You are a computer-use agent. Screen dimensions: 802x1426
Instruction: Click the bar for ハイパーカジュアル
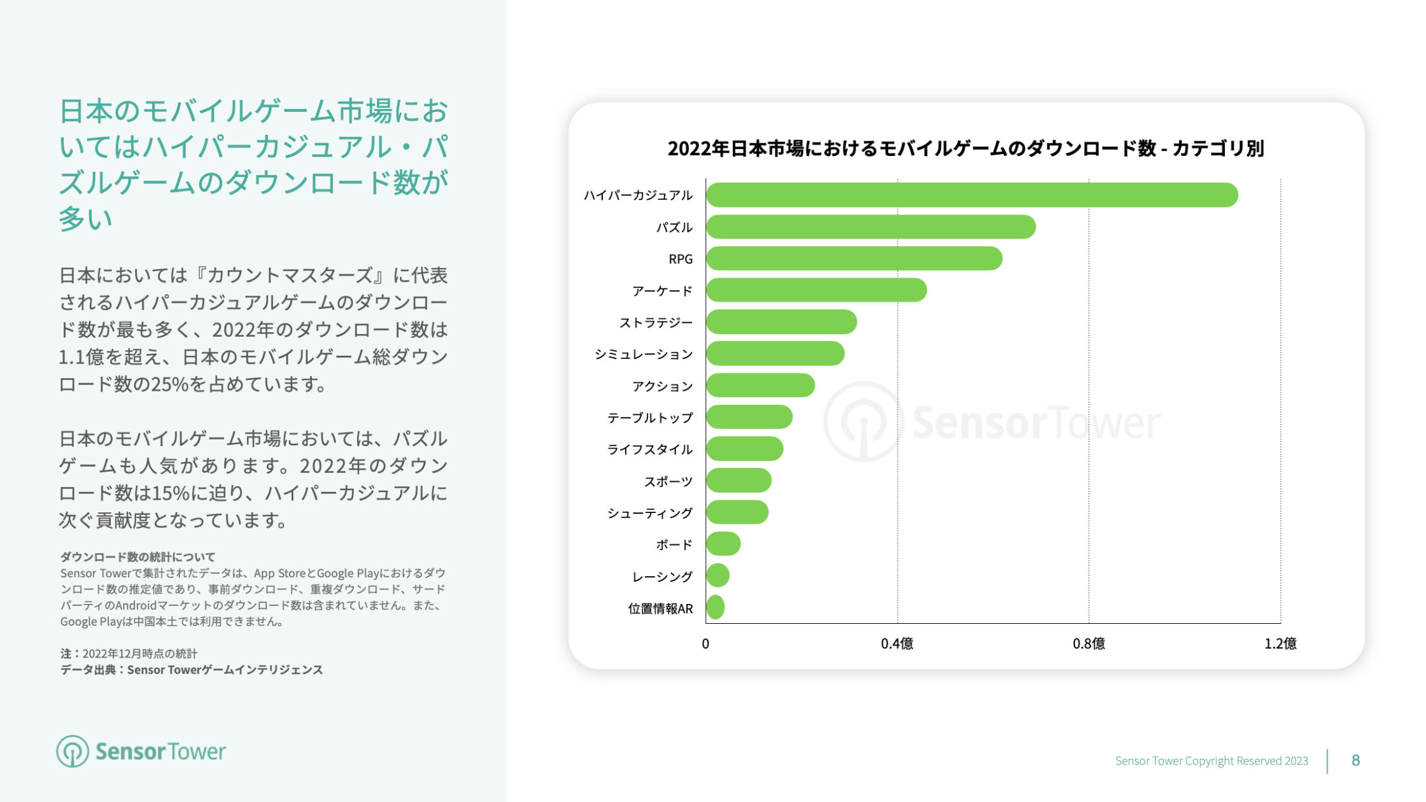(971, 195)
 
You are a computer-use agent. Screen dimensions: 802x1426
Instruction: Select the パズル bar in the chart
(870, 227)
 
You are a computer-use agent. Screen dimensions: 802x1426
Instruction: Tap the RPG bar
(854, 258)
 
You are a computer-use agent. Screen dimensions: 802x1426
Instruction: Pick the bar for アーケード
(816, 290)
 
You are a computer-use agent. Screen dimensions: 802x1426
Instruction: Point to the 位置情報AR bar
(716, 607)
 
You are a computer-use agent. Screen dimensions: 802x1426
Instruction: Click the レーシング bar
(718, 575)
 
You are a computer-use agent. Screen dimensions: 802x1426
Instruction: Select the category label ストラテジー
(656, 323)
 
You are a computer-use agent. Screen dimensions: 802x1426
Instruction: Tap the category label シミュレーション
(643, 355)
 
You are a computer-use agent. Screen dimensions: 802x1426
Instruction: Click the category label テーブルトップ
(649, 418)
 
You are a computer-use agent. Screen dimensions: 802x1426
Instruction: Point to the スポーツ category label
(668, 482)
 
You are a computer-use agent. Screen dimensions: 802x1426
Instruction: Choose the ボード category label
(674, 545)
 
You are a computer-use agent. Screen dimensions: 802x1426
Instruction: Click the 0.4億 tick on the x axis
(897, 644)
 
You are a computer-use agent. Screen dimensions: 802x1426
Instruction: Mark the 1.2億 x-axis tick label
(1280, 644)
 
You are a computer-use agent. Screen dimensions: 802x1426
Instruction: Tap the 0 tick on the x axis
(705, 644)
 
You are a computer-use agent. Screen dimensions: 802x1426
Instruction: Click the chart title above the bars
(965, 148)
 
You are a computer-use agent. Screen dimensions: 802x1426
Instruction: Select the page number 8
(1355, 760)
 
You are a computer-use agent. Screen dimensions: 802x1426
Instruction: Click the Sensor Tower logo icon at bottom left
(72, 752)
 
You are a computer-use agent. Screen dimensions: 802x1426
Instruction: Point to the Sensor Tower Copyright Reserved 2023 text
(1211, 761)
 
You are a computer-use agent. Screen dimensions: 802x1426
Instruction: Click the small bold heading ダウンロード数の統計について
(138, 557)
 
